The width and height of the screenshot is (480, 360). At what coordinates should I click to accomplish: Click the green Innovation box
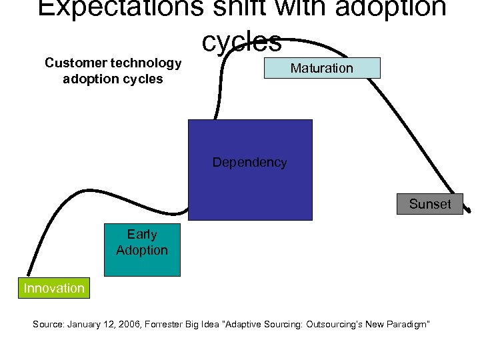(x=54, y=288)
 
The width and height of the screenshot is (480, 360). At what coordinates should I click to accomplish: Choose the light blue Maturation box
(x=322, y=68)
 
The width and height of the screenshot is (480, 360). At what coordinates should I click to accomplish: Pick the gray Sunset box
(x=430, y=204)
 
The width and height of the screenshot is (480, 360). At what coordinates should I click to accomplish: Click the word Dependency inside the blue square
(x=249, y=162)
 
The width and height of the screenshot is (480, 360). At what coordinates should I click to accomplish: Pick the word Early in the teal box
(x=142, y=235)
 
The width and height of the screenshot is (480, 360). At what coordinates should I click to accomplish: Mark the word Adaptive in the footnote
(x=245, y=325)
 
